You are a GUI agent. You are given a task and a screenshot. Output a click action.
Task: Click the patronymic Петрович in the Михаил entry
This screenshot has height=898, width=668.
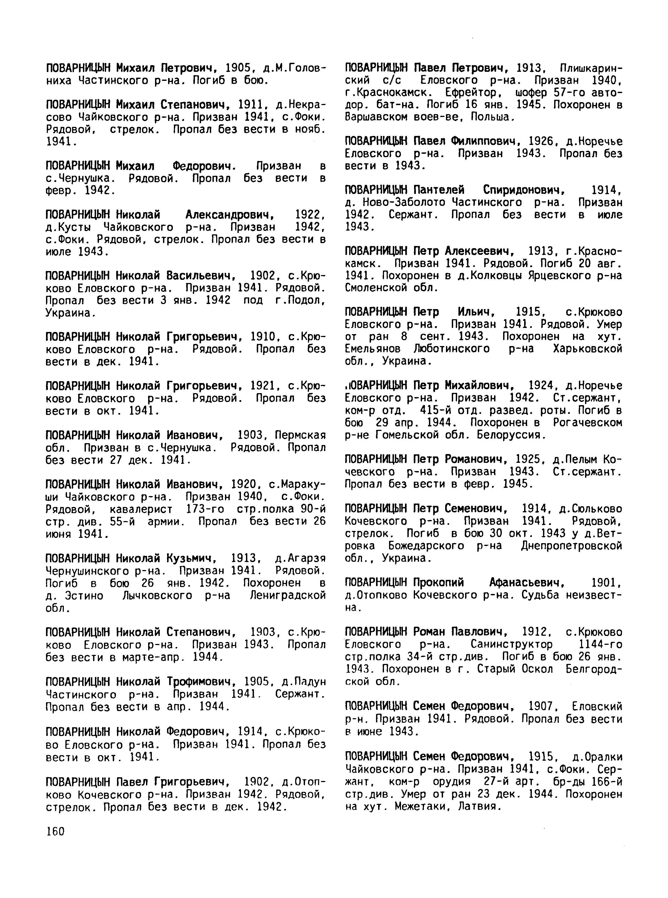[190, 68]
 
